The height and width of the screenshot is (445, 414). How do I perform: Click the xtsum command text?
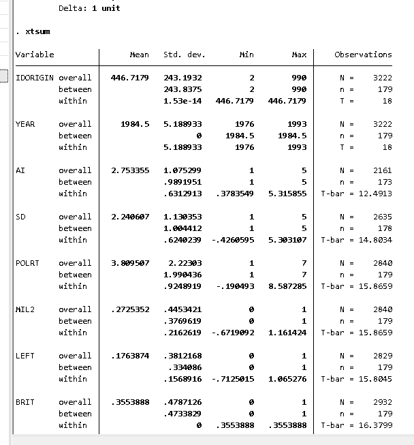pos(37,31)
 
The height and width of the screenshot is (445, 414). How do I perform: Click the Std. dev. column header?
pos(184,55)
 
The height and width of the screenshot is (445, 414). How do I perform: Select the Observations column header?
pos(363,55)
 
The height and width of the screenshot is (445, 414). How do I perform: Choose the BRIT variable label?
pos(24,402)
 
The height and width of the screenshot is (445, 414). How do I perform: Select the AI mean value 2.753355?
pos(129,170)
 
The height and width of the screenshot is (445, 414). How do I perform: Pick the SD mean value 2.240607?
pos(129,217)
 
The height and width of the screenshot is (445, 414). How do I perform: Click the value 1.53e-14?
pos(183,101)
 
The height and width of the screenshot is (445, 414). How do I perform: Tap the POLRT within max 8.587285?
pos(287,286)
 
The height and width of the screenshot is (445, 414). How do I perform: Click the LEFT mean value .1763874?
pos(129,356)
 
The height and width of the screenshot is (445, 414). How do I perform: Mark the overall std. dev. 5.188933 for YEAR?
pos(183,124)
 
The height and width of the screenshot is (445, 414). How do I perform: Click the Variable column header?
pos(35,55)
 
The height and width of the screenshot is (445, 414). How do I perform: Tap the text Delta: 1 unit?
pos(89,8)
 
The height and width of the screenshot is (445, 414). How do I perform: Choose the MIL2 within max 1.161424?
pos(287,333)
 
